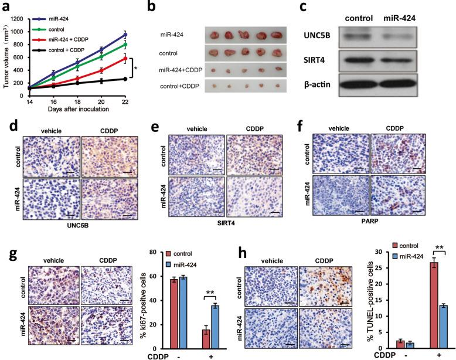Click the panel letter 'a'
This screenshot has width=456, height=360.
pyautogui.click(x=6, y=7)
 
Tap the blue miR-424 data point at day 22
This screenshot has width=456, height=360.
pyautogui.click(x=124, y=35)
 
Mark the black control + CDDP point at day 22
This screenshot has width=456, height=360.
pyautogui.click(x=124, y=79)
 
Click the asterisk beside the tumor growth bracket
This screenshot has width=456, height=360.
pyautogui.click(x=136, y=69)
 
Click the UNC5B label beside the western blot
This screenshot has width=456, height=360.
pyautogui.click(x=317, y=36)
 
